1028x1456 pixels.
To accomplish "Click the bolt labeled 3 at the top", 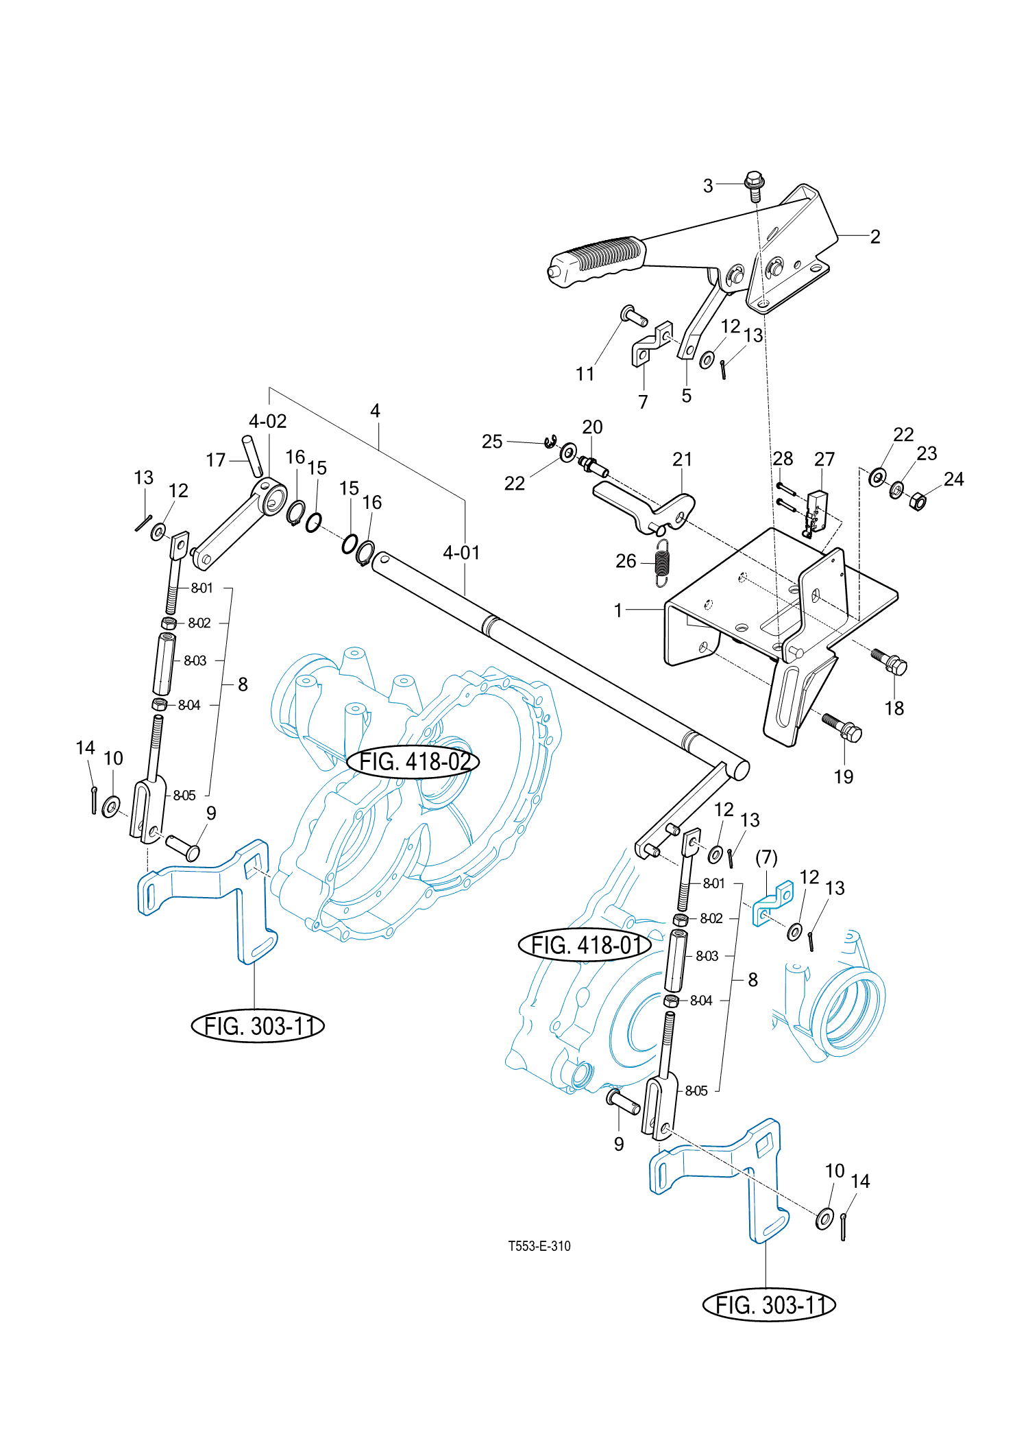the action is (x=755, y=186).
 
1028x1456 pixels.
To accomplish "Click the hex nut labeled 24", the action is (x=918, y=501).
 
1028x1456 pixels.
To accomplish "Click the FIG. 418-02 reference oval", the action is (x=413, y=761).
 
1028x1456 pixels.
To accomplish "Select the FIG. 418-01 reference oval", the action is (x=585, y=945).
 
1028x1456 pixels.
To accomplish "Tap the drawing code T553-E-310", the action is (x=539, y=1246).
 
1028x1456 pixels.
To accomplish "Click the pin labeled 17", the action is (x=252, y=455).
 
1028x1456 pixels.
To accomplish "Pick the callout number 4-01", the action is (x=461, y=552).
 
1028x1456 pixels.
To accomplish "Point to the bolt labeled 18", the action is (x=890, y=661).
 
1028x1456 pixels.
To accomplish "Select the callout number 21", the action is (x=682, y=459).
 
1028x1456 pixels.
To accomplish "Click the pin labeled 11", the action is (x=634, y=316).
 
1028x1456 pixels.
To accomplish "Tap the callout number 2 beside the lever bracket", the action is (x=875, y=237).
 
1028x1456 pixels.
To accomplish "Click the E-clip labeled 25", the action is (x=550, y=441).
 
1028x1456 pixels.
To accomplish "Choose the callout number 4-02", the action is (x=267, y=420).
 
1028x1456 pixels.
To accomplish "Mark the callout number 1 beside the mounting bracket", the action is (x=618, y=610).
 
